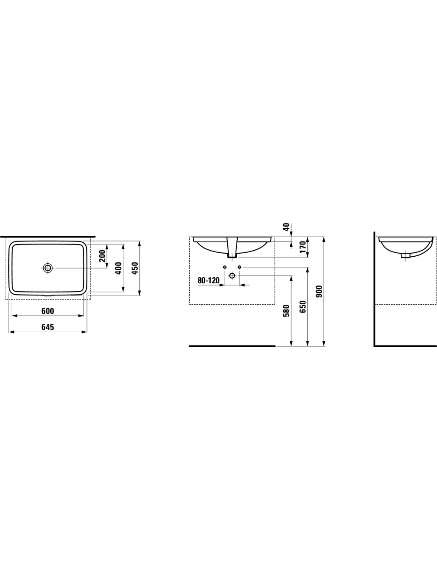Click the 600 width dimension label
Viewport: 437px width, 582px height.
coord(48,311)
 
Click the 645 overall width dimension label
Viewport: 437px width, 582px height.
coord(48,327)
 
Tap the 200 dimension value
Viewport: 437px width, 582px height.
coord(102,256)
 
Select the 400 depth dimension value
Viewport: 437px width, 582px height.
coord(118,269)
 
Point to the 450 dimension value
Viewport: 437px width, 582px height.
coord(135,269)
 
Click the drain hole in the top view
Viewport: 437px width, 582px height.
coord(48,268)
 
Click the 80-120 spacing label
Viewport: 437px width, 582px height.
coord(208,280)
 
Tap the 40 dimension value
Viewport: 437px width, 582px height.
coord(286,227)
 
